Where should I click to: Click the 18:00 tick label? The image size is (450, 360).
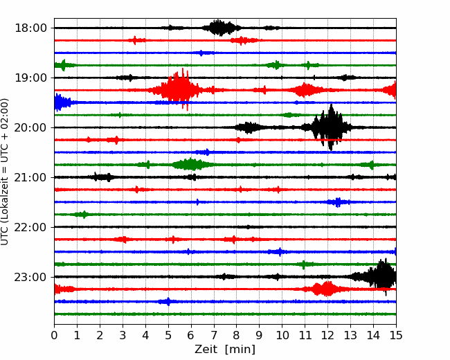pyautogui.click(x=30, y=28)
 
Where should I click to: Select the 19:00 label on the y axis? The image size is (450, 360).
pyautogui.click(x=30, y=78)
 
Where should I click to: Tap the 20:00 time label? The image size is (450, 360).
pyautogui.click(x=30, y=127)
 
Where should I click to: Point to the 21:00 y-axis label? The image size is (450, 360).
pyautogui.click(x=30, y=177)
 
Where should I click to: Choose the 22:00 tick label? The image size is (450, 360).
pyautogui.click(x=30, y=227)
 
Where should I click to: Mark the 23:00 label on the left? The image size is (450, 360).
pyautogui.click(x=30, y=277)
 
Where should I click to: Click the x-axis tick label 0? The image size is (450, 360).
pyautogui.click(x=54, y=335)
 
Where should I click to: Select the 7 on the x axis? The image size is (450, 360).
pyautogui.click(x=214, y=335)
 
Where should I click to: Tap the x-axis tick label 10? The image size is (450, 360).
pyautogui.click(x=282, y=335)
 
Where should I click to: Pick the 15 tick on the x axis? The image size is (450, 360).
pyautogui.click(x=396, y=335)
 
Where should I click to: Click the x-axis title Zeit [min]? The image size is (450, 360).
pyautogui.click(x=225, y=350)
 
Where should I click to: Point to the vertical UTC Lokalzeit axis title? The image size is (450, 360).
pyautogui.click(x=5, y=172)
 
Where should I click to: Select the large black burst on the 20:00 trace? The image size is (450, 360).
pyautogui.click(x=330, y=127)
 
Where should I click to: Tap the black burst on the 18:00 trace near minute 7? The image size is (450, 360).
pyautogui.click(x=220, y=28)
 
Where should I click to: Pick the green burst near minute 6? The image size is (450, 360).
pyautogui.click(x=192, y=165)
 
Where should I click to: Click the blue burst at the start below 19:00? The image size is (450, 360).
pyautogui.click(x=62, y=102)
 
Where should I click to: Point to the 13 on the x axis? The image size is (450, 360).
pyautogui.click(x=350, y=335)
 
